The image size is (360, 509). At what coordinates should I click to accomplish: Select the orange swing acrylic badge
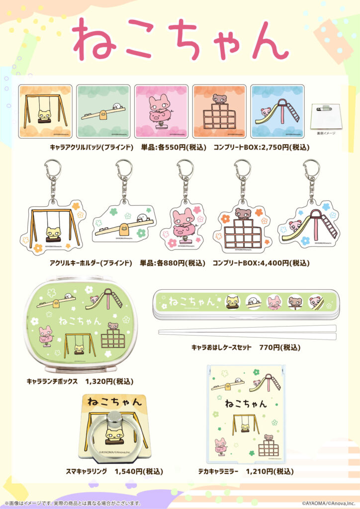click(45, 111)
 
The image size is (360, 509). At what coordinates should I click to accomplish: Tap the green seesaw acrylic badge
click(103, 111)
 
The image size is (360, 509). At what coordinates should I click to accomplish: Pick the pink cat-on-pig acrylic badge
click(161, 111)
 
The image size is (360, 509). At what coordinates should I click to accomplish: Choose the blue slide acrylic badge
click(277, 111)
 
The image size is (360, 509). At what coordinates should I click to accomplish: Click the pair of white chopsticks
click(247, 332)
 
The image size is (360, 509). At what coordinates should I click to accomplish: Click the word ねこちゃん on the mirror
click(246, 403)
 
